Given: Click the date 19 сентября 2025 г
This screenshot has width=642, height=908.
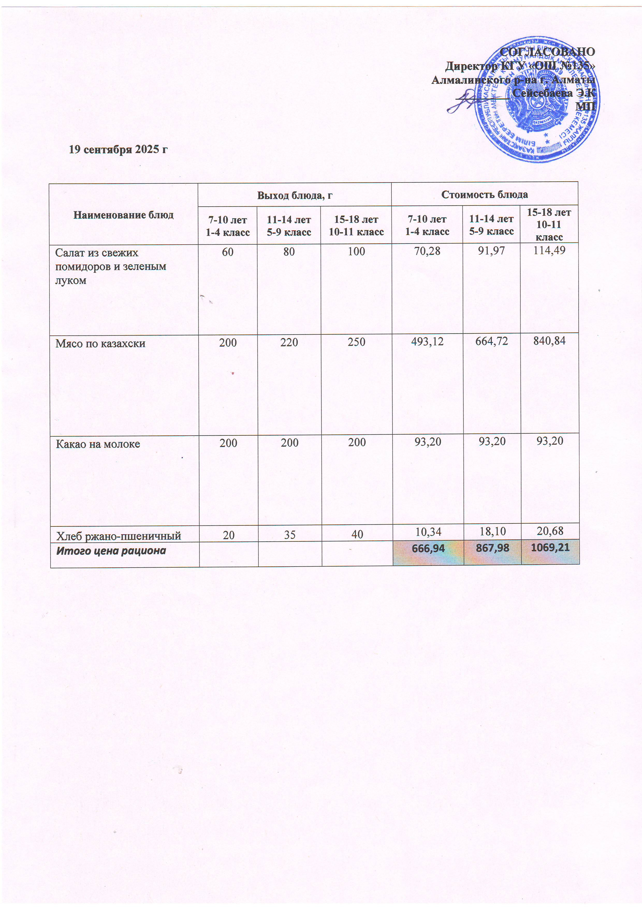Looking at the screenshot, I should (x=118, y=150).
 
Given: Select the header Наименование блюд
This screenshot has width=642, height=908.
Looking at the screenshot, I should (x=123, y=215).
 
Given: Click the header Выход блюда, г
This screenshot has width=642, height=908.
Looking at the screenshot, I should (x=295, y=195).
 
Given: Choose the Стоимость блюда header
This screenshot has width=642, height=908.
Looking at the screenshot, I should (x=485, y=194).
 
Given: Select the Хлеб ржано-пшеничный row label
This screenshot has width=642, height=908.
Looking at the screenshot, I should (x=119, y=536).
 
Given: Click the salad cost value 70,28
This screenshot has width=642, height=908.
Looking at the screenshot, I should (x=427, y=251).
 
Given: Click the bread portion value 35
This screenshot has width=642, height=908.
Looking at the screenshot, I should (x=290, y=535).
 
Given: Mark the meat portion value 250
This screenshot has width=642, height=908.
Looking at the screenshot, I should (x=356, y=342).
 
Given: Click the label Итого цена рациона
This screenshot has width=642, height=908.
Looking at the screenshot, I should (x=111, y=551).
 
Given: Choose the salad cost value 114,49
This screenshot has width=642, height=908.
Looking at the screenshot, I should (x=549, y=250).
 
